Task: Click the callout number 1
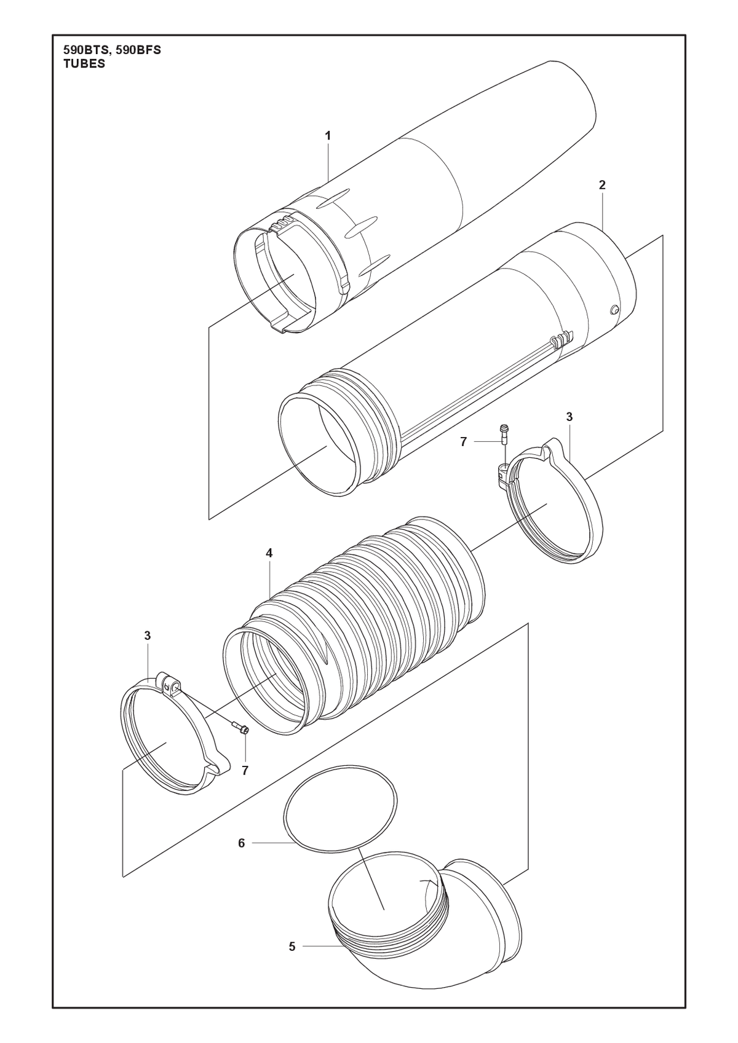328,135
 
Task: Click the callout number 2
602,185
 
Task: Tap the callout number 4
269,553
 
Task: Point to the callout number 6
241,843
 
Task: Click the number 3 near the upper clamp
569,417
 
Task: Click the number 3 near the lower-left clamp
148,636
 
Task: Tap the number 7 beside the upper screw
463,441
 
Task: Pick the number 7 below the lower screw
245,771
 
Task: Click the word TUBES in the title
84,65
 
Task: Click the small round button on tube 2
614,310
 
